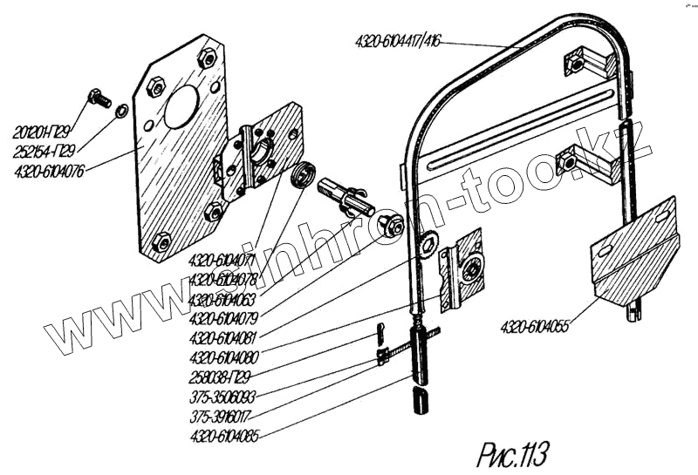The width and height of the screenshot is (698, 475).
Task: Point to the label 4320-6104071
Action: coord(222,261)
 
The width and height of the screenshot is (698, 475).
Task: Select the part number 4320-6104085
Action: coord(223,432)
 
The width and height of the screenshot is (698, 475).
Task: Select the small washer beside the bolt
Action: coord(122,110)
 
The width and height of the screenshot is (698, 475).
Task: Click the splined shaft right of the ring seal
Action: coord(346,193)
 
